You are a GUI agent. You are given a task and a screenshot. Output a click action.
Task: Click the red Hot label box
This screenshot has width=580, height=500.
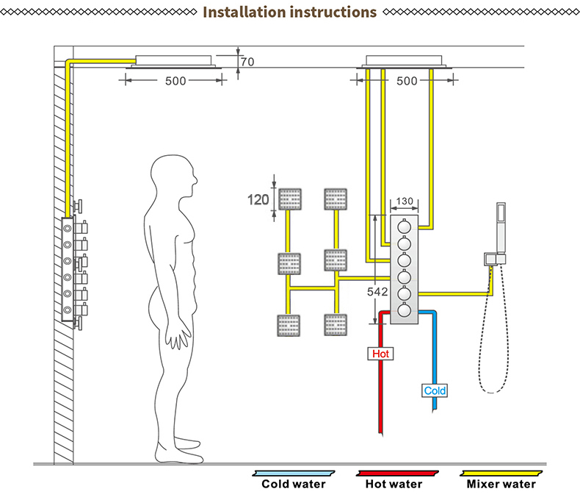(x=380, y=354)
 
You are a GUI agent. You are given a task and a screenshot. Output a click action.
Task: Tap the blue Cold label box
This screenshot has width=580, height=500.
(x=435, y=390)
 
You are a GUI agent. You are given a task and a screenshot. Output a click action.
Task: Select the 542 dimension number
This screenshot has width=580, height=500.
(x=377, y=292)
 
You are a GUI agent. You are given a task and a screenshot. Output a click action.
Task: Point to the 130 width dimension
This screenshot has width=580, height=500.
(x=405, y=201)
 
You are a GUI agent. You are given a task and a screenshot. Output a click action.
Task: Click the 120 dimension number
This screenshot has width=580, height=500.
(x=258, y=200)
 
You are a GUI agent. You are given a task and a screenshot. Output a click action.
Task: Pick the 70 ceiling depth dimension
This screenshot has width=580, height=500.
(x=247, y=62)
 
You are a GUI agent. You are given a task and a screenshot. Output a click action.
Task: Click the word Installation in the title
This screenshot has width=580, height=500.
(x=244, y=12)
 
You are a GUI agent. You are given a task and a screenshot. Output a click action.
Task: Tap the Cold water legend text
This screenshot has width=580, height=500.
(x=294, y=484)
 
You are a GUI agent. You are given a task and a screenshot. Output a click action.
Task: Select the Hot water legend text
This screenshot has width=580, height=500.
(x=394, y=484)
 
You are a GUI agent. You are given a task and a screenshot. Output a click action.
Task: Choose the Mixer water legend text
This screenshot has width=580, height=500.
(x=501, y=484)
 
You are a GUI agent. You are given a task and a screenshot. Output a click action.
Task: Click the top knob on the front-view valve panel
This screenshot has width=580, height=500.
(x=405, y=226)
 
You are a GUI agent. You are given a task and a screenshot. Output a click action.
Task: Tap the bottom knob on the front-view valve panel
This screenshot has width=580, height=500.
(x=405, y=310)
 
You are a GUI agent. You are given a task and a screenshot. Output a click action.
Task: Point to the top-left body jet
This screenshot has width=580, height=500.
(x=290, y=199)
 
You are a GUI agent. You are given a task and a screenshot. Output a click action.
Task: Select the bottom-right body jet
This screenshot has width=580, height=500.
(x=336, y=325)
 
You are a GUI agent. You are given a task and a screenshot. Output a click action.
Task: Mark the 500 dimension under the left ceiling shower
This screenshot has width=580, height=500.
(x=175, y=81)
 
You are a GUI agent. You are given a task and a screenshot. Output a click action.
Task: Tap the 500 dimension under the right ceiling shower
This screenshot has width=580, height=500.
(x=407, y=81)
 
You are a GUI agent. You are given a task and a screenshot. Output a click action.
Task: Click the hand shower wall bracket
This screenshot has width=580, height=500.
(x=495, y=259)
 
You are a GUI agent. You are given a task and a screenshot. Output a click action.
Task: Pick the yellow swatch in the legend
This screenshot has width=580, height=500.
(x=501, y=474)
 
